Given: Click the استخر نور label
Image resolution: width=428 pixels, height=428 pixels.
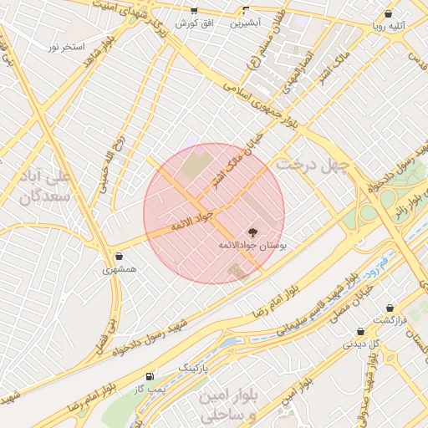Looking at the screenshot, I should click(67, 47).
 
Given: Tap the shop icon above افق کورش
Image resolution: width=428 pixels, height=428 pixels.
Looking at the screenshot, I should click(194, 11).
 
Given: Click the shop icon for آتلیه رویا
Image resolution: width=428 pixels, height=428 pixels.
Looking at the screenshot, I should click(388, 13).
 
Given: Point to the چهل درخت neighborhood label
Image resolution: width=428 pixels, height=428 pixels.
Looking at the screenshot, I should click(311, 164).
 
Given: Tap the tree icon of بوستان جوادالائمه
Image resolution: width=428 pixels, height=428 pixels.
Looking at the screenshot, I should click(252, 232).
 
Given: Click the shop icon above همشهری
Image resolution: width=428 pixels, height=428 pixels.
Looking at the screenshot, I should click(120, 256).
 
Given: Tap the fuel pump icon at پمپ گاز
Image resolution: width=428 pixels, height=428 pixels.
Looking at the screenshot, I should click(150, 377).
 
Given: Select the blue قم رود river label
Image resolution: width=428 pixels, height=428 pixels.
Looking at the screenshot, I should click(380, 264).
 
